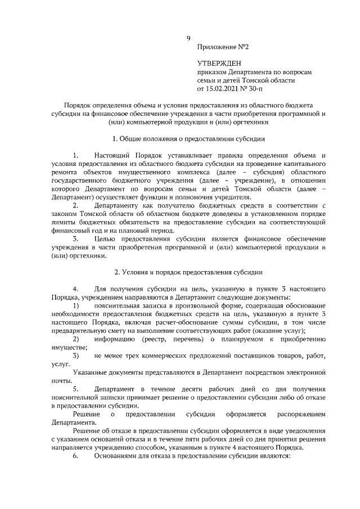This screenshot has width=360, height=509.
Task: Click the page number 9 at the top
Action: pos(189,39)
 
